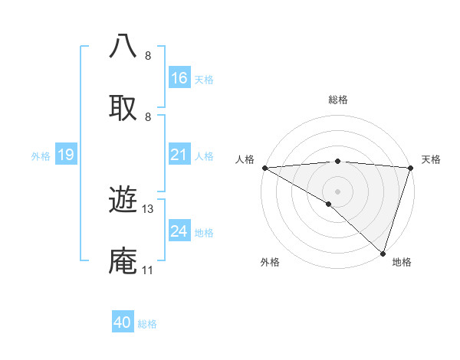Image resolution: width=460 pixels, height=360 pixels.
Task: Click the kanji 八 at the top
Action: (123, 46)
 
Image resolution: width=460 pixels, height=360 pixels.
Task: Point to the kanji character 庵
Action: (123, 260)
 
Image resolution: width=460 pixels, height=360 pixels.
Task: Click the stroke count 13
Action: (149, 209)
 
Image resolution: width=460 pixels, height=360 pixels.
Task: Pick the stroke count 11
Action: (148, 270)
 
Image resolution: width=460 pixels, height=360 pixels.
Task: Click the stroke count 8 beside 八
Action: (148, 56)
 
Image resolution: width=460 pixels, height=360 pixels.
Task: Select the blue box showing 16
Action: (179, 78)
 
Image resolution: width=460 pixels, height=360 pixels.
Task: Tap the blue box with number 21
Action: (179, 155)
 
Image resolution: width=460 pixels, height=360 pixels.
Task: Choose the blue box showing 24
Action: (179, 231)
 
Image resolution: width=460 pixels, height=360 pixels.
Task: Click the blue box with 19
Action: (66, 155)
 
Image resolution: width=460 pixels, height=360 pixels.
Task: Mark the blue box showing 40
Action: (123, 323)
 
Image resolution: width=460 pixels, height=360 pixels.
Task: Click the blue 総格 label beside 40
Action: (148, 324)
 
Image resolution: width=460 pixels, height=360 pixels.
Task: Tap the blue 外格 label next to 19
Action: (41, 155)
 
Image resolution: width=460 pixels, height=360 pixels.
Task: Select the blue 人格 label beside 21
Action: (204, 155)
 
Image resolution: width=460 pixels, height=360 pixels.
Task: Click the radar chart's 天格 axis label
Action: (431, 159)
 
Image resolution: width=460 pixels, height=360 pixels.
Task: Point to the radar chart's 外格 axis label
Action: (270, 262)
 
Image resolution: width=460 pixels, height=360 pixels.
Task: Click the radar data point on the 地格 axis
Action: (383, 254)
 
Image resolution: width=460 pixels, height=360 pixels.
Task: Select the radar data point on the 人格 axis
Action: (264, 168)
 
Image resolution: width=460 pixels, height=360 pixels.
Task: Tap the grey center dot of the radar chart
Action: (337, 191)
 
